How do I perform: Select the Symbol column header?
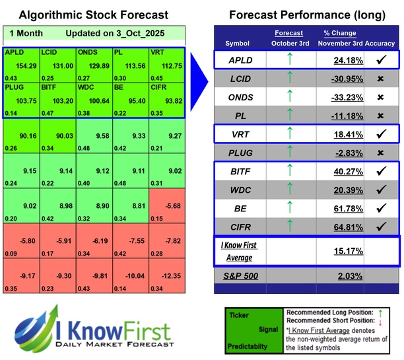(x=238, y=43)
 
